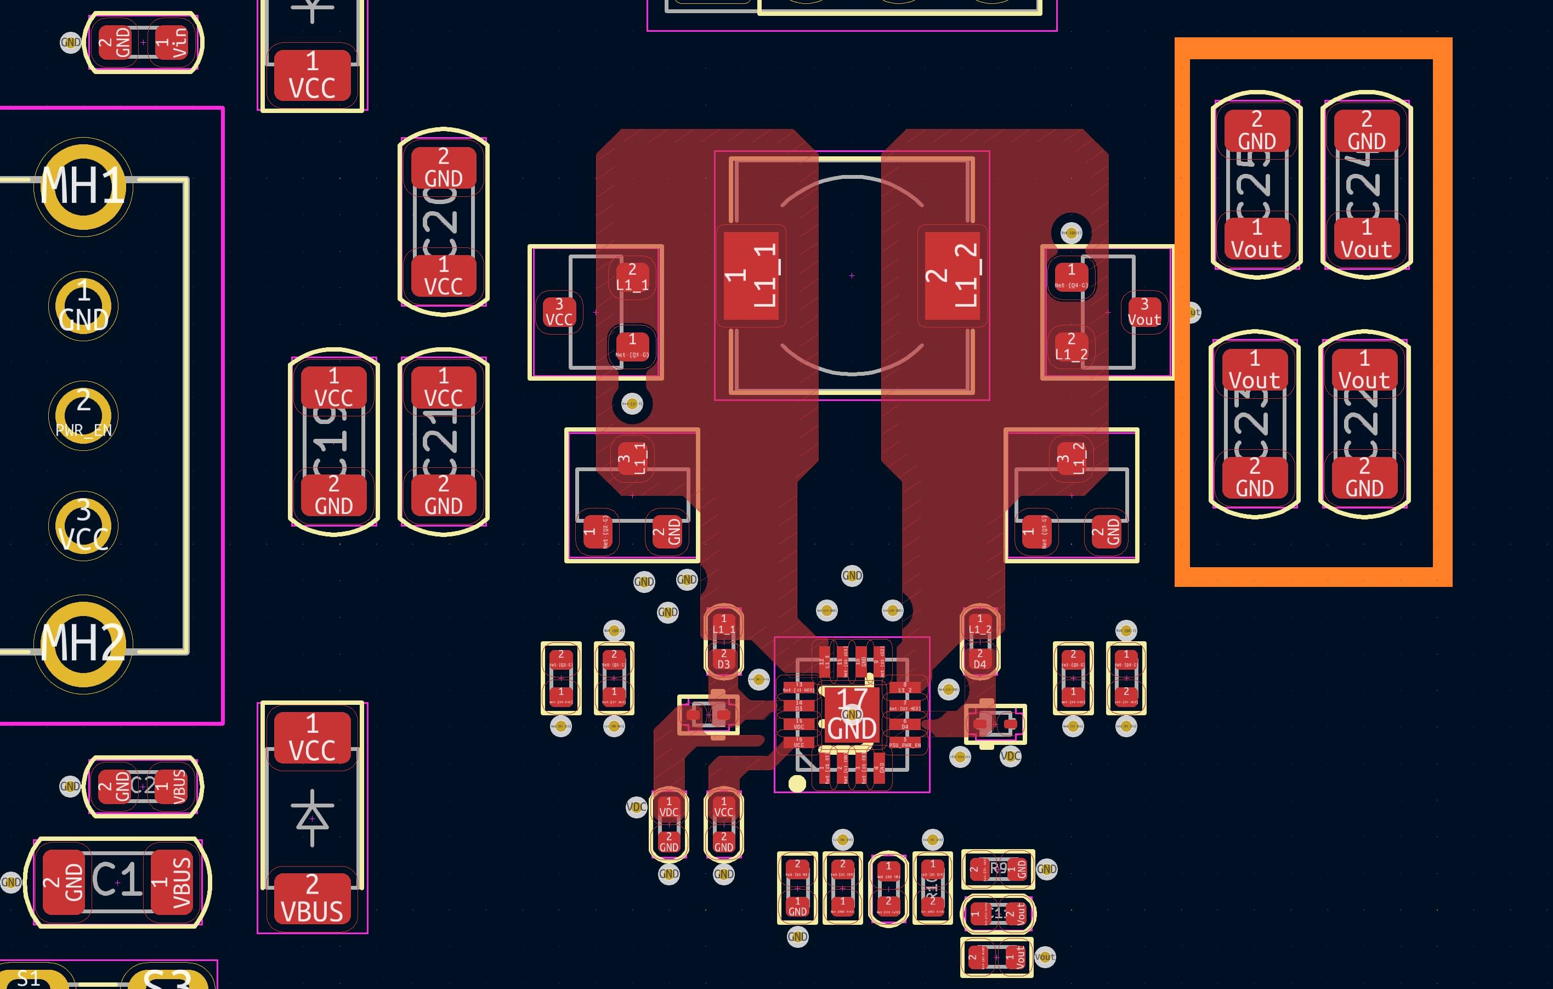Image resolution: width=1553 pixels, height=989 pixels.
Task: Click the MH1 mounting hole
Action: tap(83, 186)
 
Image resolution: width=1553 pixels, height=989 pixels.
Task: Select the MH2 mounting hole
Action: tap(83, 643)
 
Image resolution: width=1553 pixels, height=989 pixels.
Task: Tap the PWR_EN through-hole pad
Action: tap(83, 415)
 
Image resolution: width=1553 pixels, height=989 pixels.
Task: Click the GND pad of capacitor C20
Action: tap(443, 168)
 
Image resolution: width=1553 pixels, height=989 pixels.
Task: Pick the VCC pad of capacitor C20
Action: tap(443, 275)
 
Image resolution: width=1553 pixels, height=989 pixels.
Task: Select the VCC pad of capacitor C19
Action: tap(333, 387)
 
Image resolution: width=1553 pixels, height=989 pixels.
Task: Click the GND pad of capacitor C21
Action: tap(443, 495)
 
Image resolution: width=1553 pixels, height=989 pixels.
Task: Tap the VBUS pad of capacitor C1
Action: tap(172, 882)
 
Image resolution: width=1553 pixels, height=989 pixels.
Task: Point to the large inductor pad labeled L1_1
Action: tap(751, 275)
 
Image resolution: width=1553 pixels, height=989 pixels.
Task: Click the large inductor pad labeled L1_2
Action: tap(953, 275)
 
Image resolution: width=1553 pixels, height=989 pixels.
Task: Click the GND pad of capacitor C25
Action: tap(1256, 131)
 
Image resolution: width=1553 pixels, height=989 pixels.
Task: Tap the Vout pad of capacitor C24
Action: tap(1366, 239)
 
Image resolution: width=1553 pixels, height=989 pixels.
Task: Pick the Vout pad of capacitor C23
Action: tap(1254, 370)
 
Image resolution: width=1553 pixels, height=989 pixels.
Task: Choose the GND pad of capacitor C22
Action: tap(1364, 477)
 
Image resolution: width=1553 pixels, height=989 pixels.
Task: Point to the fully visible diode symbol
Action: tap(312, 818)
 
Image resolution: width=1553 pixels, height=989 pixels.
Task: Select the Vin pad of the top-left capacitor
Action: tap(172, 43)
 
